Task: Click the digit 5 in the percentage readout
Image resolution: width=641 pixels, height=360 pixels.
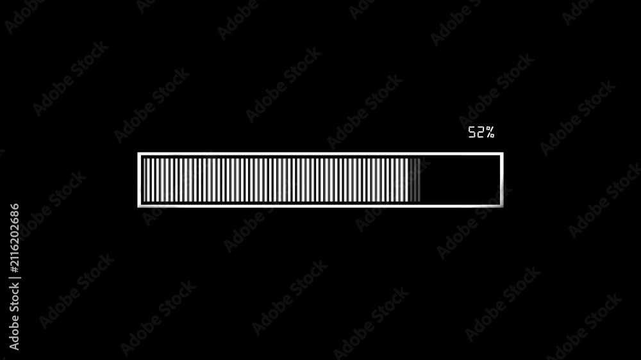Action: tap(472, 132)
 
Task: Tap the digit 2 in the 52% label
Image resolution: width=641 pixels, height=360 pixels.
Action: tap(480, 132)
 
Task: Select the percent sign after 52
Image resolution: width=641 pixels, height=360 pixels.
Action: tap(490, 132)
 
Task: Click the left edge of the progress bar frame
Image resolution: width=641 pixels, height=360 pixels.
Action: tap(139, 180)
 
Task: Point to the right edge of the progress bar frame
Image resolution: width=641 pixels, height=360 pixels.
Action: tap(502, 180)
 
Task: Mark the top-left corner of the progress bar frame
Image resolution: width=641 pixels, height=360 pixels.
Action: tap(138, 153)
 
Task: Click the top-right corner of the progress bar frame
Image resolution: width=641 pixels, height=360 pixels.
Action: tap(503, 153)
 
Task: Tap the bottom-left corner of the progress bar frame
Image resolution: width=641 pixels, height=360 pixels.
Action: tap(138, 207)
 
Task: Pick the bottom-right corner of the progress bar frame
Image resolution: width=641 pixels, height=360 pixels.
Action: tap(503, 207)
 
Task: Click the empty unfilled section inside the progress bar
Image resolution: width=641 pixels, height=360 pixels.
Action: tap(460, 180)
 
